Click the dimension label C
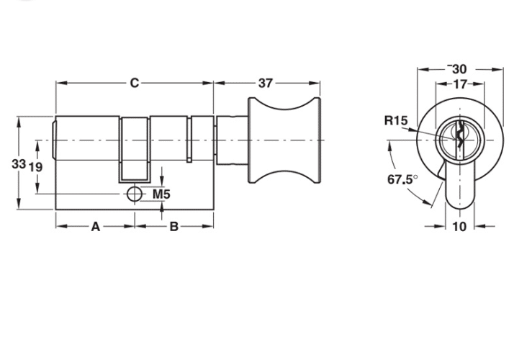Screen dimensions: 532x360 click(135, 83)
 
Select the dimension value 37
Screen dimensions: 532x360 click(266, 83)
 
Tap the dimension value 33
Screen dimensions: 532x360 click(19, 164)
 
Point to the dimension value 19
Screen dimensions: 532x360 click(35, 167)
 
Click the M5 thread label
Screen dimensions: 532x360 click(161, 194)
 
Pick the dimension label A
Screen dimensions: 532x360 click(96, 227)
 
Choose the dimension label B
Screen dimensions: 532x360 click(173, 226)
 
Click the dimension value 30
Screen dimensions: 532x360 click(459, 69)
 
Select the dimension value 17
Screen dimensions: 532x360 click(460, 84)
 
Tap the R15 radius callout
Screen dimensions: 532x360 click(396, 120)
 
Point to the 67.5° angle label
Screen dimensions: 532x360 click(402, 179)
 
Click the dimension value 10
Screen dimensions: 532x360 click(460, 226)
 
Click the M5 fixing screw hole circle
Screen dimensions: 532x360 click(135, 194)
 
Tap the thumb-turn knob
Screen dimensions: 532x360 click(284, 140)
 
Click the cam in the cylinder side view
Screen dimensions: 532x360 click(135, 149)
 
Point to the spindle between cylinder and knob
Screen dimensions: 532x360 click(232, 140)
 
